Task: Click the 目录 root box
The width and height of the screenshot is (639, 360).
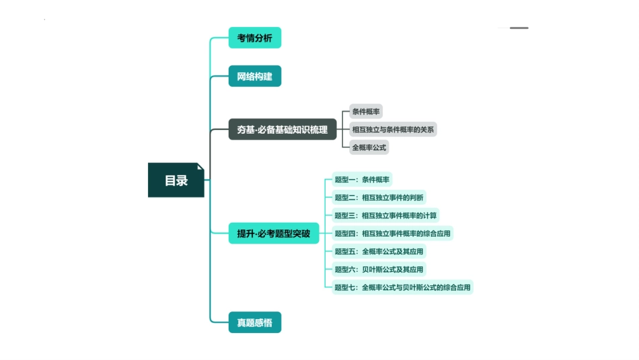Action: tap(176, 180)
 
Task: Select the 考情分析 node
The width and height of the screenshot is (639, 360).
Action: tap(254, 38)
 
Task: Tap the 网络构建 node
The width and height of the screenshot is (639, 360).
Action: tap(254, 76)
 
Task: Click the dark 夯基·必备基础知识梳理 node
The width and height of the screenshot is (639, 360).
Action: tap(283, 129)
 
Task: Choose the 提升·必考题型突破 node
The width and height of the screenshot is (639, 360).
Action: tap(274, 233)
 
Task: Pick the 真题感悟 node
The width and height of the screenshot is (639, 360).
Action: tap(254, 322)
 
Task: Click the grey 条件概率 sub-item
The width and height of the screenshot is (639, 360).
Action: tap(366, 112)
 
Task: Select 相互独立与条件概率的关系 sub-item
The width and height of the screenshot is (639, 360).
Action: tap(393, 129)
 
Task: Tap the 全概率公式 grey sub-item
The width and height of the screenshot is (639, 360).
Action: tap(369, 147)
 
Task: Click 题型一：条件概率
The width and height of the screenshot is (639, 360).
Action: tap(362, 180)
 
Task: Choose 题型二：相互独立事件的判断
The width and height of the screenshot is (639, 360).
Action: tap(379, 198)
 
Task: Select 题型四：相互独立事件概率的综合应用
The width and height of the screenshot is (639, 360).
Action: tap(392, 233)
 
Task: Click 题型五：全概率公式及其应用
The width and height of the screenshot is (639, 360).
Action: tap(379, 252)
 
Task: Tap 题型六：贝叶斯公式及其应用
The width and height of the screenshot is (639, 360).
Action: tap(379, 269)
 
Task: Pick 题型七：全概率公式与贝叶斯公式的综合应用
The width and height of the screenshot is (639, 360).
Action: tap(402, 287)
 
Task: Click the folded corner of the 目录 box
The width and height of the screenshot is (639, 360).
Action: tap(200, 167)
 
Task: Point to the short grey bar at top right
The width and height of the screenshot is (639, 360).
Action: tap(519, 28)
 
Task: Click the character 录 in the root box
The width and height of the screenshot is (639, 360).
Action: tap(182, 180)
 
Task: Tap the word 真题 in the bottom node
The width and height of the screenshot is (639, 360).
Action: tap(246, 322)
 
